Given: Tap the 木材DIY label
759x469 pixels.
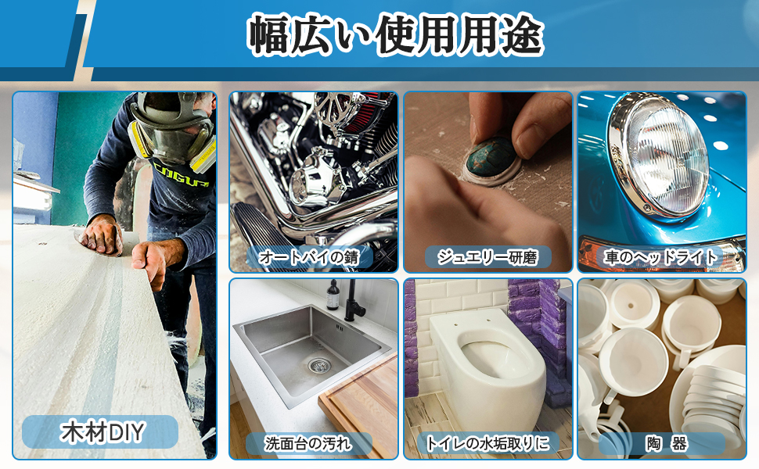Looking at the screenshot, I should point(100,431).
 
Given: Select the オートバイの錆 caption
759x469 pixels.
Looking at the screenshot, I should point(314,256).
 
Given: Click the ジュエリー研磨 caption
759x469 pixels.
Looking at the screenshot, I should point(488,256).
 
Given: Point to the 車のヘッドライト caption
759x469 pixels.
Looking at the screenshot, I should point(661,256).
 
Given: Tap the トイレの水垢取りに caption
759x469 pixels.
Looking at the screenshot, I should point(487,444).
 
